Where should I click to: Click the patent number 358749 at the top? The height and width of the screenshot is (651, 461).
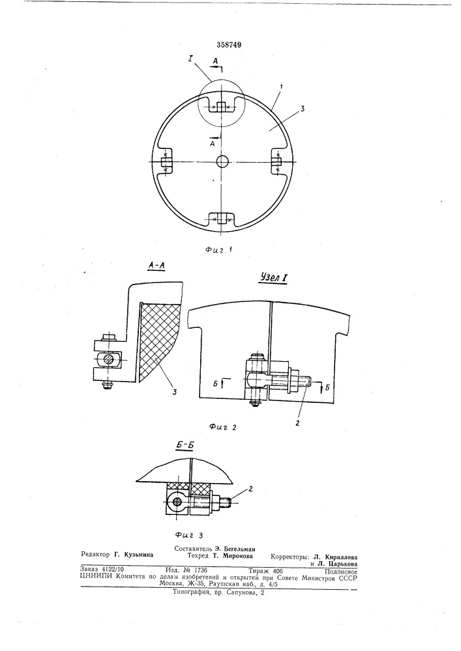[x=228, y=45]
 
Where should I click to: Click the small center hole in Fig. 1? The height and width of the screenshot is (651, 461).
[x=223, y=161]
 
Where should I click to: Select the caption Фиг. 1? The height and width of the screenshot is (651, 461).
[x=218, y=250]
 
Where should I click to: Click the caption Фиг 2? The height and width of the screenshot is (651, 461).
[x=223, y=426]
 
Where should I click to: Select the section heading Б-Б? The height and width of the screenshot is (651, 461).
[x=184, y=445]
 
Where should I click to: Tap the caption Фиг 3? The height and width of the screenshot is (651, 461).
[x=188, y=535]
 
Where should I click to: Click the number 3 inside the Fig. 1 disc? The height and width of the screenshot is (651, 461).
[x=303, y=109]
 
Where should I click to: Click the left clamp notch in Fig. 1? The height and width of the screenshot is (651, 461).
[x=166, y=161]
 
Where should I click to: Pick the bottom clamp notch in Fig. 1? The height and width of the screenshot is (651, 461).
[x=222, y=219]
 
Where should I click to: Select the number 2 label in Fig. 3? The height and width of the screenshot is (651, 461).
[x=250, y=489]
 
